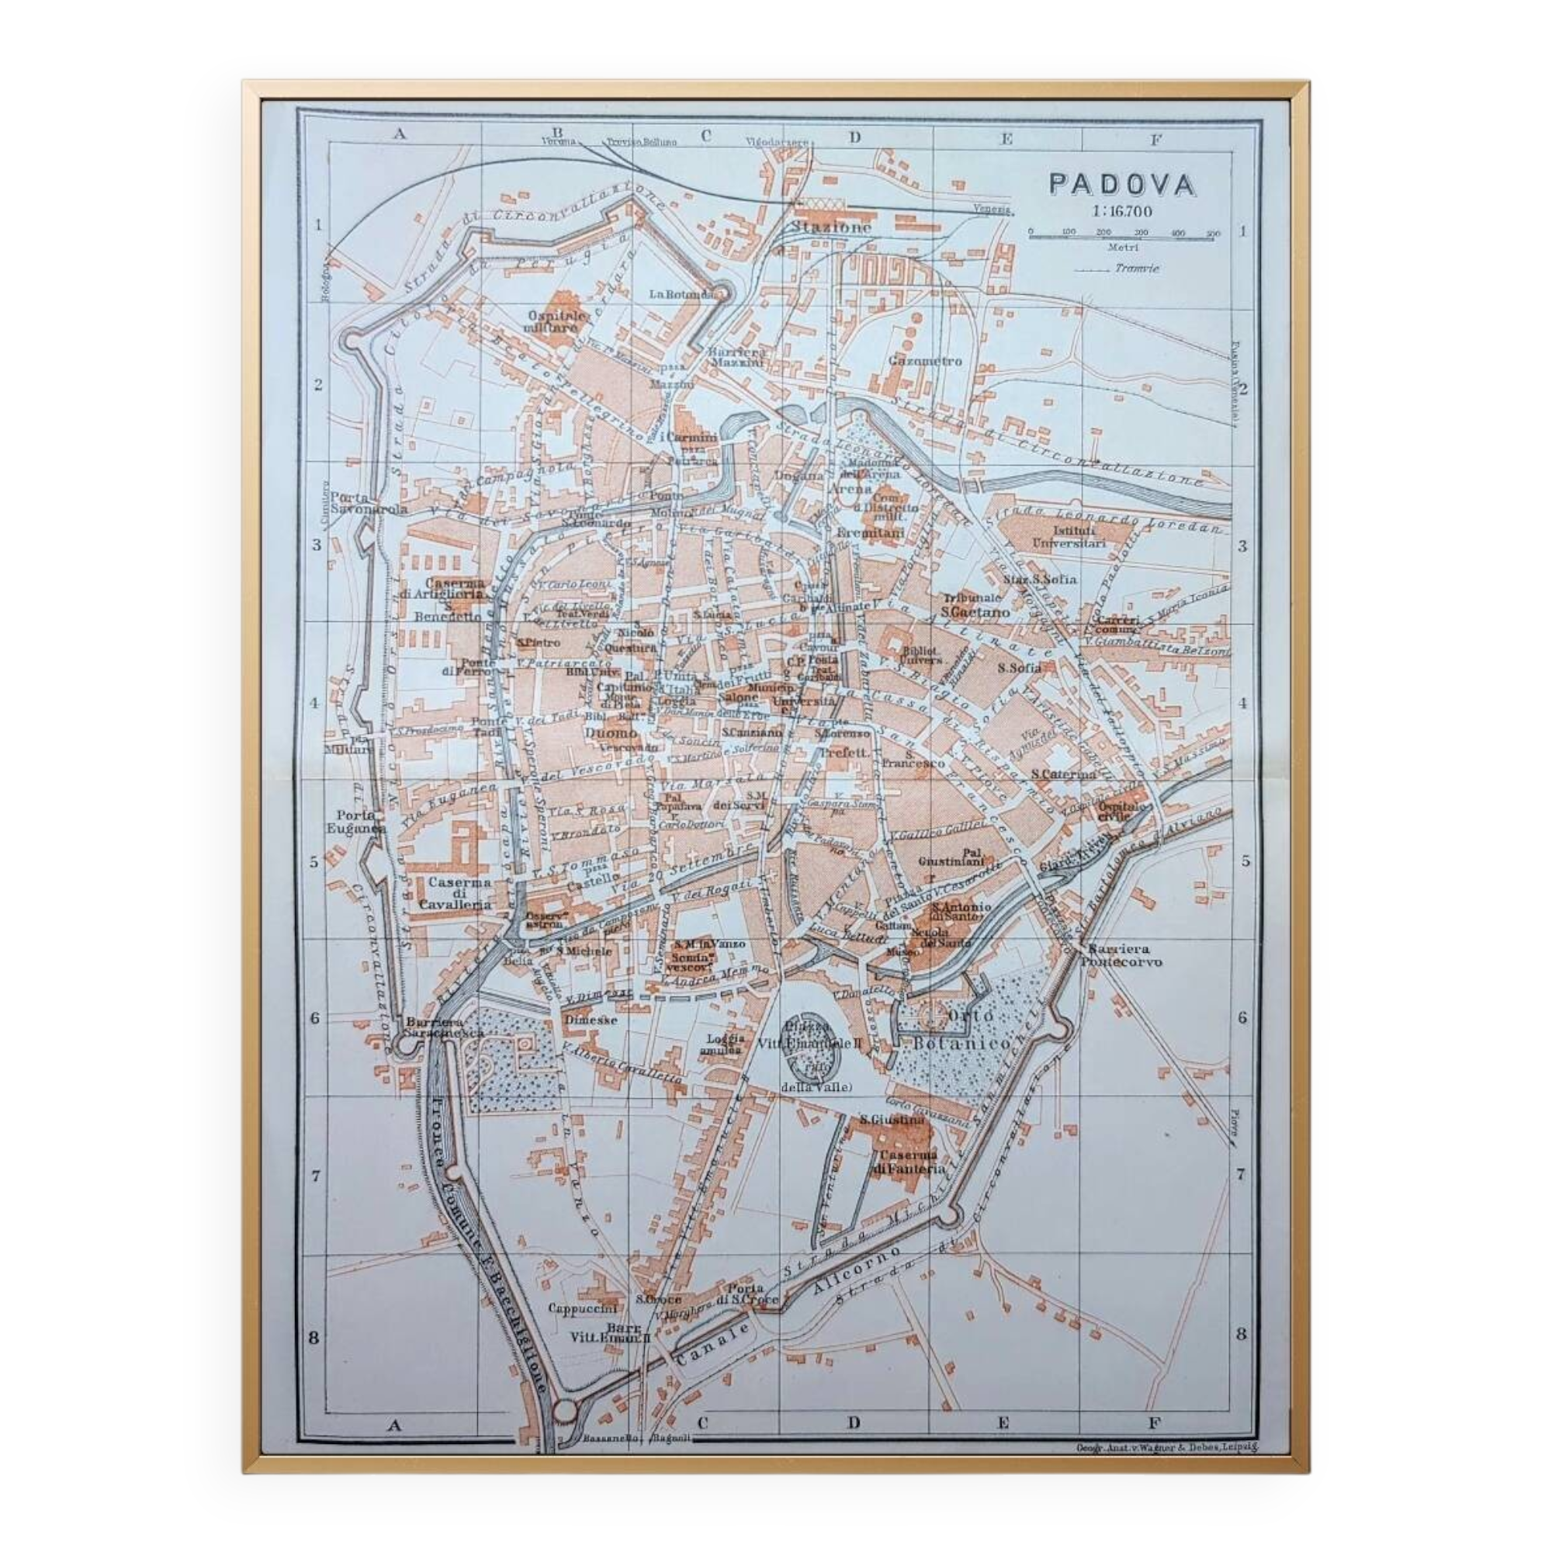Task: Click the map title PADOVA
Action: (x=1122, y=185)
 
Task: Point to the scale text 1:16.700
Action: (x=1122, y=212)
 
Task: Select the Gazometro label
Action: (x=925, y=361)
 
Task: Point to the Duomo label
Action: (x=611, y=733)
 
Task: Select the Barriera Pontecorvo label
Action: (x=1121, y=955)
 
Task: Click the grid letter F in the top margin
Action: (x=1156, y=139)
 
